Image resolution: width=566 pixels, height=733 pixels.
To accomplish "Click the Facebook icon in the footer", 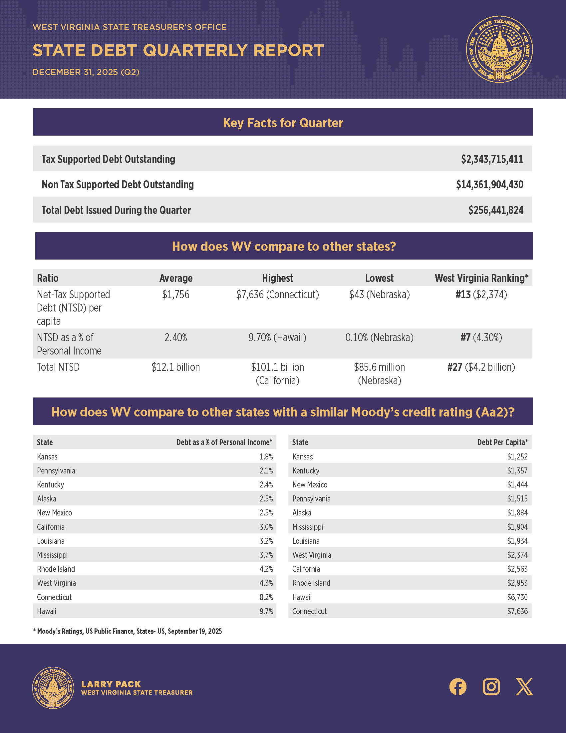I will [x=458, y=686].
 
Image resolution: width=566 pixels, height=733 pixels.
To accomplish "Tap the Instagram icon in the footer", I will [x=491, y=686].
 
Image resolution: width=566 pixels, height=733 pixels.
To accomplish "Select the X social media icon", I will [x=524, y=686].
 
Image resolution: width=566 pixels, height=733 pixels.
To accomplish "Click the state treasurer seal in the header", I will [x=499, y=49].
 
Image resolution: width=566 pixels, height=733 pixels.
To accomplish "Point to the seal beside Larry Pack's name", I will [x=53, y=688].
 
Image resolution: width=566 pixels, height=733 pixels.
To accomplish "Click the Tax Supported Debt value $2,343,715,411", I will [x=492, y=159].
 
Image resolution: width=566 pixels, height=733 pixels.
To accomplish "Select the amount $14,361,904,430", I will [x=489, y=185].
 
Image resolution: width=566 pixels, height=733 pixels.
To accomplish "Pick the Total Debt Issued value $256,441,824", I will [x=496, y=210].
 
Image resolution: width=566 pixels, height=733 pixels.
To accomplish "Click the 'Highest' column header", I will [x=277, y=278].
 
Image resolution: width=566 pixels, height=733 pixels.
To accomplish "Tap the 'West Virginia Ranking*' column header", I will [x=481, y=278].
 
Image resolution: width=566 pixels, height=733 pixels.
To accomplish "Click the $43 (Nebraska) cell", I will [x=379, y=295].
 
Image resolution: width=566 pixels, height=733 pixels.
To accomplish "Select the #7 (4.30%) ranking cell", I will [x=481, y=337].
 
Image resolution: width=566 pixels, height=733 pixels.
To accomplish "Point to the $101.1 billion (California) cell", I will [x=277, y=373].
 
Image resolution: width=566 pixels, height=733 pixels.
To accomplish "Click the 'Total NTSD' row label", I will [x=58, y=367].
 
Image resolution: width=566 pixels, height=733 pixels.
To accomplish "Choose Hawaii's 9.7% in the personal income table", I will [x=266, y=611].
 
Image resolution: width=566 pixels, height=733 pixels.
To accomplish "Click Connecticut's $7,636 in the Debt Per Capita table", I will [x=517, y=611].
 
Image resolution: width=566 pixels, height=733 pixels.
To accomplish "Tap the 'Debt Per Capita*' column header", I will [x=502, y=442].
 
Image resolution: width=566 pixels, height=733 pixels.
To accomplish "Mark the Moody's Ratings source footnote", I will [x=128, y=631].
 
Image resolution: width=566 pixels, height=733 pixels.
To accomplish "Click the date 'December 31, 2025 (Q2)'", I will [x=86, y=72].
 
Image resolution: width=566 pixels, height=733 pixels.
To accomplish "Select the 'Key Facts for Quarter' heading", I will [x=283, y=123].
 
